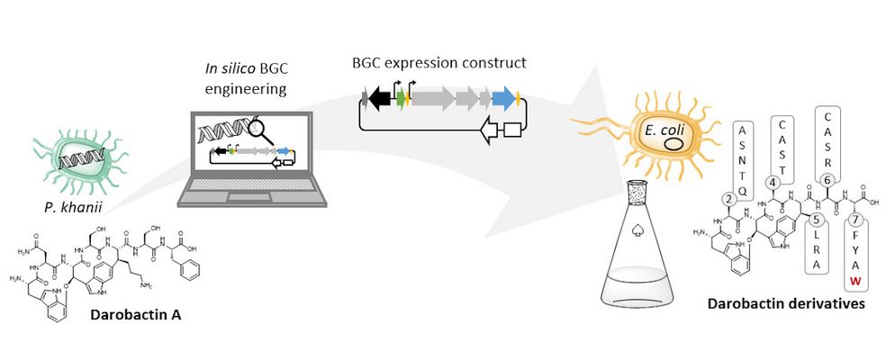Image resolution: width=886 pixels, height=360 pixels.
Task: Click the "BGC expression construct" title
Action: (440, 64)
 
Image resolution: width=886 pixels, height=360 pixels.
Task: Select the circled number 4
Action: (773, 183)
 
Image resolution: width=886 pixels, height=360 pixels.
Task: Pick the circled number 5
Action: (814, 220)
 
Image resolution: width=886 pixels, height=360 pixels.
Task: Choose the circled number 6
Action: (827, 179)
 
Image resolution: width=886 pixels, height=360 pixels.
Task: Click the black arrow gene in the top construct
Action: (382, 96)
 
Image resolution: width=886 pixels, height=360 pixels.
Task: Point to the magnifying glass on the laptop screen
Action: (261, 130)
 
